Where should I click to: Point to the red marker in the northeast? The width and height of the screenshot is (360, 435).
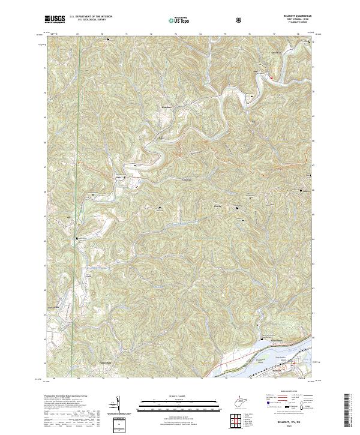(271, 78)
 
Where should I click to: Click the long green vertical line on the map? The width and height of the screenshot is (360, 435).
(70, 240)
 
